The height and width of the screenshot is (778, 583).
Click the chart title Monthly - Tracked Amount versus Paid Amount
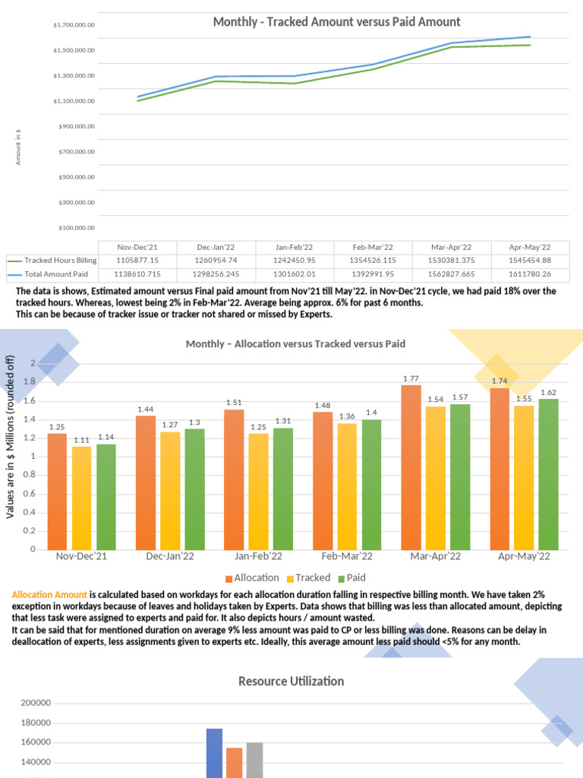coord(336,22)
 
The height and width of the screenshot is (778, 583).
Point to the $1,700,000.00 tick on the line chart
coord(74,25)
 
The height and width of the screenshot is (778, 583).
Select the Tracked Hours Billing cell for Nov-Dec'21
coord(137,260)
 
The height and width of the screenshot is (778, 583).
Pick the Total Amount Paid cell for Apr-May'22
coord(531,273)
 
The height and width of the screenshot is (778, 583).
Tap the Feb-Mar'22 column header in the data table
coord(373,247)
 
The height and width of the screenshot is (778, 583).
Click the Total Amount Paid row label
coord(56,273)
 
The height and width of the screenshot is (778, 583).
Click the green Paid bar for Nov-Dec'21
coord(106,497)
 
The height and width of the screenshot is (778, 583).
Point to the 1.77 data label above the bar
coord(411,378)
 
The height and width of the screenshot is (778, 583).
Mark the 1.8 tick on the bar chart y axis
coord(31,382)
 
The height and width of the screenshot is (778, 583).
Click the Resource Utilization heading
coord(291,682)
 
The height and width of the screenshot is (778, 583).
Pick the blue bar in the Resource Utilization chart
coord(214,753)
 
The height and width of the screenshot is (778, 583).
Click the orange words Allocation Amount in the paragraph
coord(49,594)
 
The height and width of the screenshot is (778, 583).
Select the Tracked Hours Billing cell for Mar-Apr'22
coord(452,260)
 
